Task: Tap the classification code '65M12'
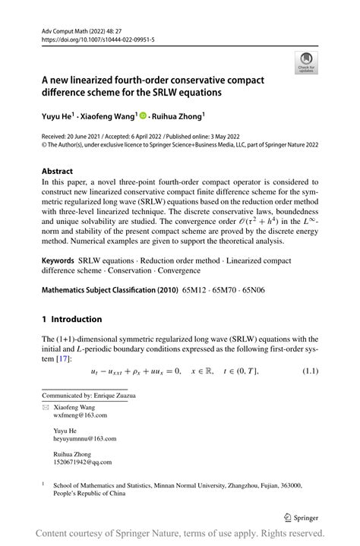click(x=196, y=289)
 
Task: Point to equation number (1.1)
click(x=310, y=371)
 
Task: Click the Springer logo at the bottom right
click(x=299, y=516)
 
